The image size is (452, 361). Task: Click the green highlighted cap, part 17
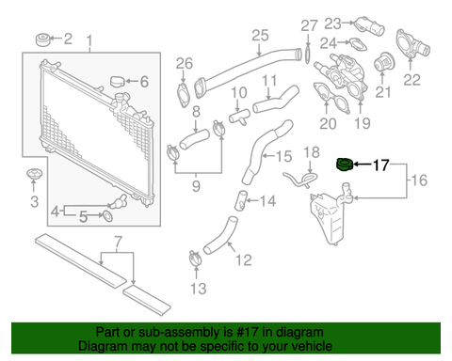coord(345,165)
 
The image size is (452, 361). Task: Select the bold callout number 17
coord(380,165)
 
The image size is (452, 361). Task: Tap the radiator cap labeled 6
coord(118,82)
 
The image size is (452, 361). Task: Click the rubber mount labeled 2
coord(42,39)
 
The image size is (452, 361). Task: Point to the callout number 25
coord(260,35)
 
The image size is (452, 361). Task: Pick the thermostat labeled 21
coord(382,62)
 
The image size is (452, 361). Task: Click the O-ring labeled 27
coord(308,55)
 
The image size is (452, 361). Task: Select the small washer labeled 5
coord(106,215)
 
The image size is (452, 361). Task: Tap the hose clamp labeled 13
coord(196,259)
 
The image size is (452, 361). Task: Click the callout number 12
coord(244,259)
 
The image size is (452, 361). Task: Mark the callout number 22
coord(412,80)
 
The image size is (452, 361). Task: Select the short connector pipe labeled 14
coord(241,200)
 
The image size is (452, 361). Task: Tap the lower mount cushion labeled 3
coord(34,174)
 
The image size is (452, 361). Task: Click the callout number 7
coord(118,242)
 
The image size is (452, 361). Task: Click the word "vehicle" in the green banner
coord(312,346)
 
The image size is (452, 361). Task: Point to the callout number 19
coord(363,123)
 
